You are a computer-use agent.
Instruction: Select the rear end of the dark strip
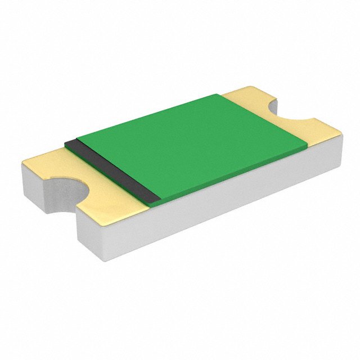coord(70,141)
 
